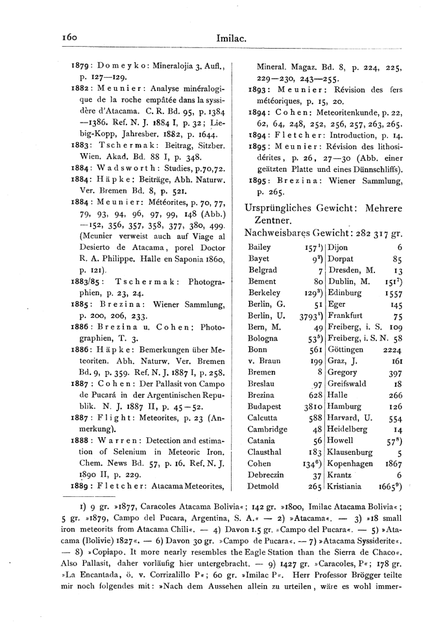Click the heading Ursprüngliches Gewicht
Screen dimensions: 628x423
click(x=298, y=208)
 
